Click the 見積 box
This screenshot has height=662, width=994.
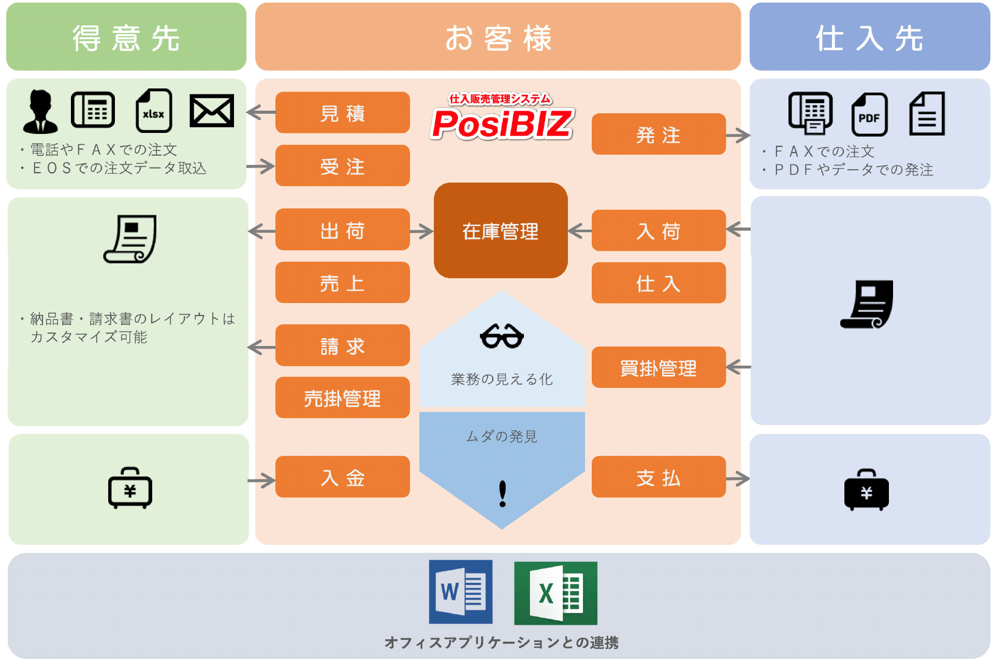click(342, 113)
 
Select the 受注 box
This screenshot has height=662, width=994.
click(342, 166)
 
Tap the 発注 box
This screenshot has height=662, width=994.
click(658, 134)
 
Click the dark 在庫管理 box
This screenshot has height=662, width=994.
click(500, 231)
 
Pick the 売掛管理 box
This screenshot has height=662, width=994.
click(342, 398)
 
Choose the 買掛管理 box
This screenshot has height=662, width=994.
click(658, 368)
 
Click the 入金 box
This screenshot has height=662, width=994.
click(342, 477)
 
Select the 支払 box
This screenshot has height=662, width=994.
click(658, 477)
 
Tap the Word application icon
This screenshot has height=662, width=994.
click(460, 592)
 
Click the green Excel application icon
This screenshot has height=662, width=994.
click(556, 593)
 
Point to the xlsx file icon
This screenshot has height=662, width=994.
click(153, 111)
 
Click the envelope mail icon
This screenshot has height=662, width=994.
click(211, 111)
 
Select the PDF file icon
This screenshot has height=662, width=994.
click(869, 115)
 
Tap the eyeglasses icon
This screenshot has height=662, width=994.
click(502, 336)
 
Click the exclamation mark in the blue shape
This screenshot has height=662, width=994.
click(502, 493)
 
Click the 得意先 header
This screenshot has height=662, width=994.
click(126, 37)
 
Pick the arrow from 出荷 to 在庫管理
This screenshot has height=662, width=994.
click(421, 231)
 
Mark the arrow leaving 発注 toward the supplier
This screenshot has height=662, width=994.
click(738, 136)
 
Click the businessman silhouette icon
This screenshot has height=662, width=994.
click(40, 111)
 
